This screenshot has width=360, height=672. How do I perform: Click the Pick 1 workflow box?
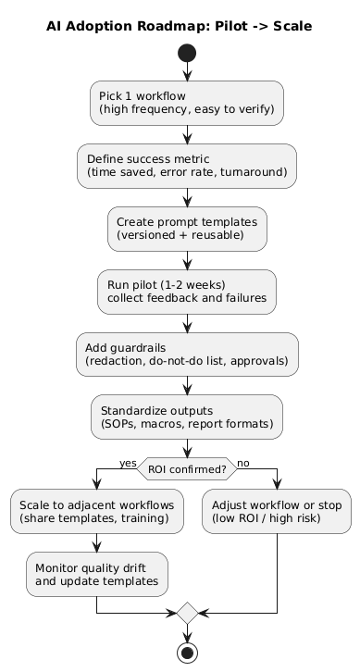(187, 103)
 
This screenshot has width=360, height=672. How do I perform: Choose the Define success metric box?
(187, 166)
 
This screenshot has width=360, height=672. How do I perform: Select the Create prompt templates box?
(187, 229)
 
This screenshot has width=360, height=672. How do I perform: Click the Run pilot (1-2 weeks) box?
(187, 292)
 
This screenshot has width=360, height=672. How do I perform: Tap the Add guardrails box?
(187, 355)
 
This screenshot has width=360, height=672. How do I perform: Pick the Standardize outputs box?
(187, 417)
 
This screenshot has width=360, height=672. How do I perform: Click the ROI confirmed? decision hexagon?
(187, 469)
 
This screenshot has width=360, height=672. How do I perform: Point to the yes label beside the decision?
(127, 463)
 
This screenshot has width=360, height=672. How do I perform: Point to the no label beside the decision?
(244, 463)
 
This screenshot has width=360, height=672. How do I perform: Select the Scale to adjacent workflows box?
(97, 512)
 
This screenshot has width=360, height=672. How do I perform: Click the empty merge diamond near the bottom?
(187, 613)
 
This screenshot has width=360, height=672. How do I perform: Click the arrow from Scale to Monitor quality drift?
(97, 543)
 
